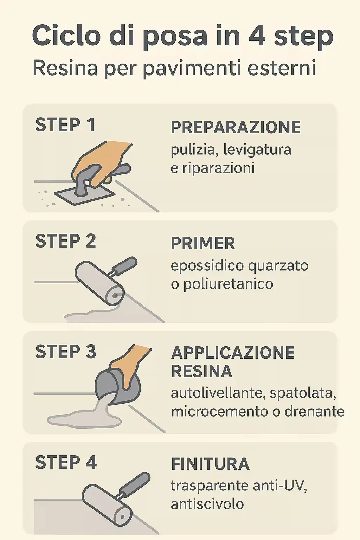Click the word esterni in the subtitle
[x=282, y=68]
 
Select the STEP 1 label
[x=65, y=125]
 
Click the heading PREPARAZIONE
[x=236, y=127]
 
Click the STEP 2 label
[x=65, y=241]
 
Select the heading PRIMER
[x=203, y=244]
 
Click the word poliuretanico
[x=228, y=284]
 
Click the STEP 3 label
[x=65, y=352]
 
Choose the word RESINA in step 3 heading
[x=201, y=372]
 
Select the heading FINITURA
[x=210, y=464]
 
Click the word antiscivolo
[x=207, y=504]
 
